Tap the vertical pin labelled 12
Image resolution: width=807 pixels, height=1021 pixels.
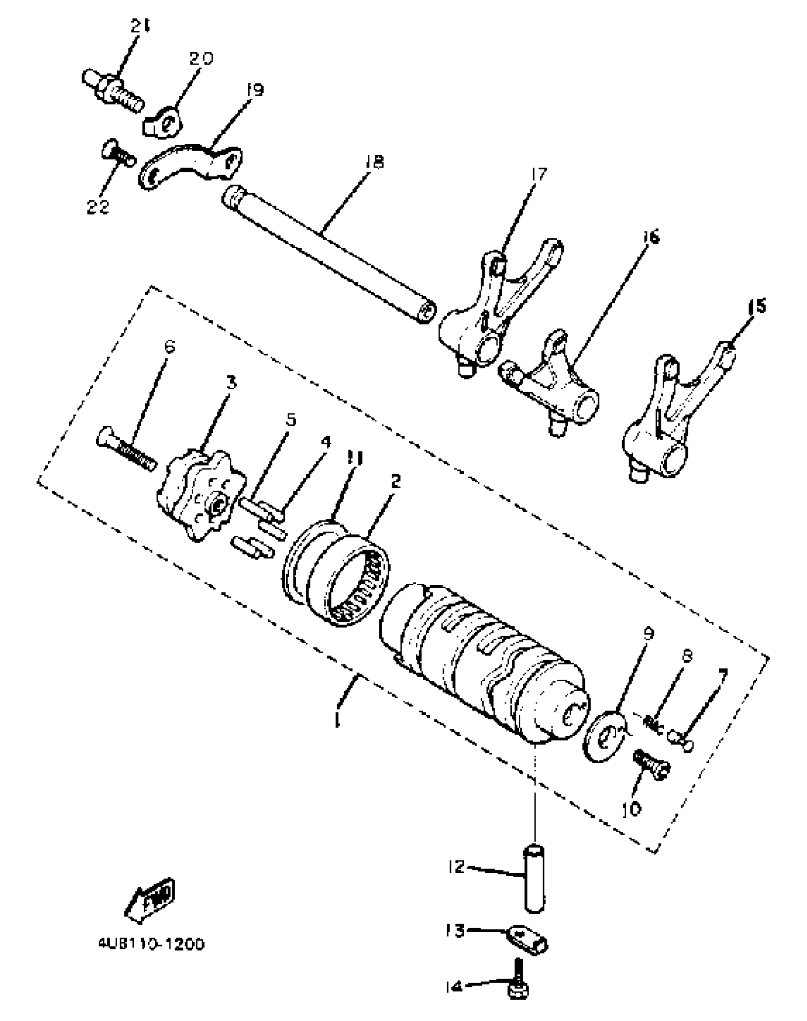[535, 878]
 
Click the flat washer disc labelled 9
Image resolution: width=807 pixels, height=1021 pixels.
[604, 735]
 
